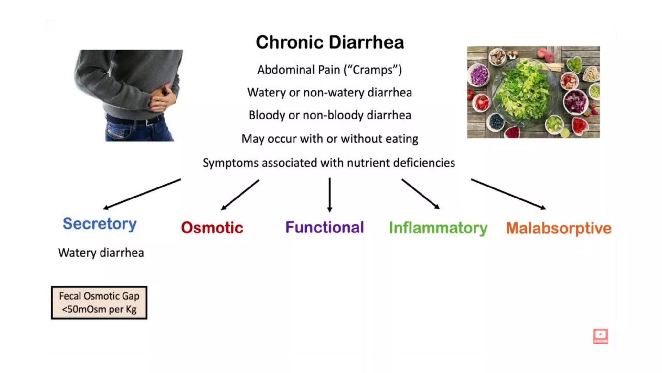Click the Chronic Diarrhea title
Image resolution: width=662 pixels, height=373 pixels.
[x=330, y=42]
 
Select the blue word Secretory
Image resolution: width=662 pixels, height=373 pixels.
[x=100, y=224]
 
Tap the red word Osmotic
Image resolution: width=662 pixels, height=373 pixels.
[x=212, y=228]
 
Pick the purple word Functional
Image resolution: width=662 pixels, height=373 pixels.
[x=325, y=227]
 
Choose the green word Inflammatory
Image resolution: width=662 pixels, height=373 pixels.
[x=438, y=228]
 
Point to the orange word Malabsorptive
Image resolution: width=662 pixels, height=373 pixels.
[x=559, y=228]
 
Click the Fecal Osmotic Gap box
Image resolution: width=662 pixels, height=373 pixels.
[x=99, y=302]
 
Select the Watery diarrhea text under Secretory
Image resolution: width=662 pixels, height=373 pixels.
[x=101, y=253]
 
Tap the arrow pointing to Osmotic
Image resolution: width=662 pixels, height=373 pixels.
[x=240, y=195]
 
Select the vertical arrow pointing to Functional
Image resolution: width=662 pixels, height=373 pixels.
[x=329, y=195]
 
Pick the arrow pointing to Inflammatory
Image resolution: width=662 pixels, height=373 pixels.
[x=421, y=194]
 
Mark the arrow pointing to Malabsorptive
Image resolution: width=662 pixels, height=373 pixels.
[x=508, y=194]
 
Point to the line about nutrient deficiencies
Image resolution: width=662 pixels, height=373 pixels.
[x=329, y=163]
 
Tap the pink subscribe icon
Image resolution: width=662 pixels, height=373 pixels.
[x=600, y=336]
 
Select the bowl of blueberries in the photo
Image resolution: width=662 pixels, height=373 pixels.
[x=496, y=122]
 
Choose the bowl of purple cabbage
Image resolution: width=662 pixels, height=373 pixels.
[x=479, y=75]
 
